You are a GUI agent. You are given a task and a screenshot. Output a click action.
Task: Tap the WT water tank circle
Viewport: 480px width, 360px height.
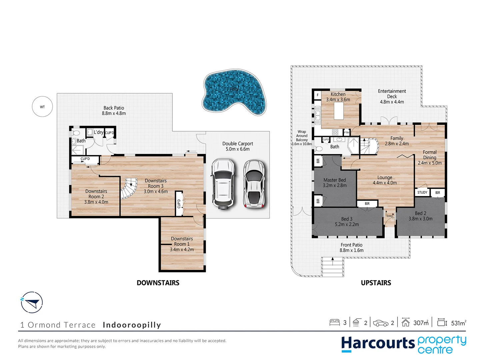pos(42,107)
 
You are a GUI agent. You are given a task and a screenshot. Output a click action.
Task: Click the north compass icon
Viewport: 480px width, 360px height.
pos(32,302)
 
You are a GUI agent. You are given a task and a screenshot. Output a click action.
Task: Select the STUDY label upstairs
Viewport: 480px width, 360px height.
pos(422,192)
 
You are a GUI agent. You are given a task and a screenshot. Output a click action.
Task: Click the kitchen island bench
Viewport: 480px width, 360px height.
pos(339,111)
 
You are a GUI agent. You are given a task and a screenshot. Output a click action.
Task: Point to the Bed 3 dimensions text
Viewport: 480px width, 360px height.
pos(347,224)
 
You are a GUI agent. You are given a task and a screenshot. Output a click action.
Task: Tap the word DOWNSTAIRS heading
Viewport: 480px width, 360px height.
pos(158,283)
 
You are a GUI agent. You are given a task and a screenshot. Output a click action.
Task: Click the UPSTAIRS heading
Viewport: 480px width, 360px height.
pos(376,283)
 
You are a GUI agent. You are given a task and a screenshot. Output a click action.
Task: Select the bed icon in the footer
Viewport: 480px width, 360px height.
pos(334,322)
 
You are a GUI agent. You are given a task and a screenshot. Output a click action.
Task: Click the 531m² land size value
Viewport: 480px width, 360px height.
pos(458,323)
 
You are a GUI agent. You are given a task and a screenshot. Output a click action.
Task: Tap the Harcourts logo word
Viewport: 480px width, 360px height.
pos(378,343)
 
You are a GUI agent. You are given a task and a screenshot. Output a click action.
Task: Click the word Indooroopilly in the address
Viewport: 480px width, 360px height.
pos(132,325)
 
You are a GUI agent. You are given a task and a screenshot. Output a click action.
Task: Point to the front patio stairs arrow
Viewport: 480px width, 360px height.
pos(332,259)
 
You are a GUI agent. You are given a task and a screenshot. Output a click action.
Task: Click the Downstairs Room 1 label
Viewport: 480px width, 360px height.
pos(182,241)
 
